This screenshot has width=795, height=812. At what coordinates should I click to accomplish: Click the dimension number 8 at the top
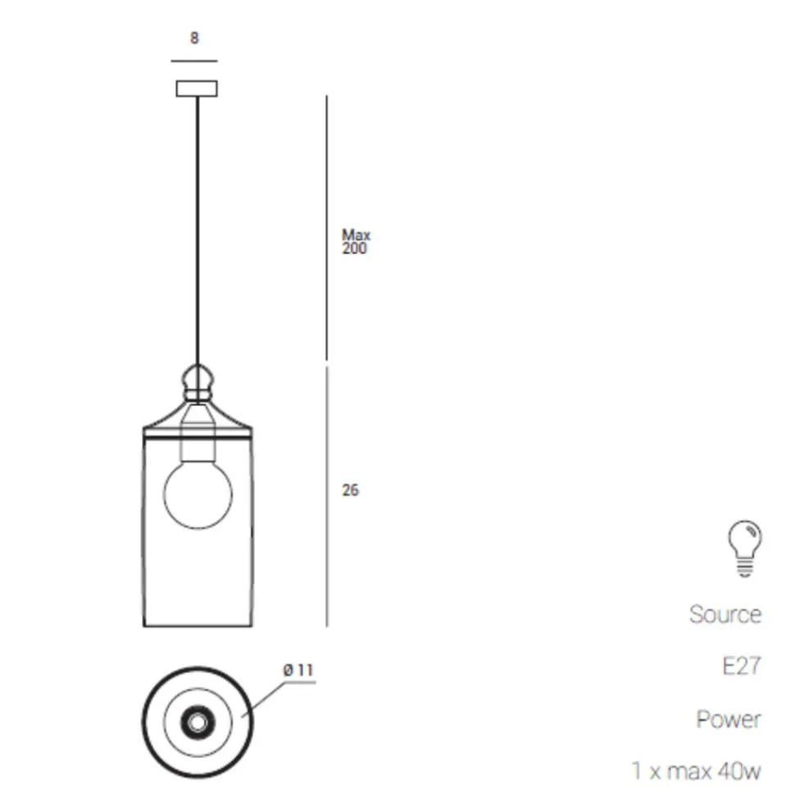pos(194,38)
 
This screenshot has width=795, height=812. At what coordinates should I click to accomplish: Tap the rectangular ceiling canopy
pos(197,88)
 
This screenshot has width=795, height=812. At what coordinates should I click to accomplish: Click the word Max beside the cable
pos(356,235)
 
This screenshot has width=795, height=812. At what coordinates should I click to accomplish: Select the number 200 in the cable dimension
pos(354,249)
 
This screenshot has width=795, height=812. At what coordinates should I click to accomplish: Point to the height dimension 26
pos(350,490)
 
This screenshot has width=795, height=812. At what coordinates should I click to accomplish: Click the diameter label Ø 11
pos(298,670)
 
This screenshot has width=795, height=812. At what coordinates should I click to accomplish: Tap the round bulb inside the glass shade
pos(198,495)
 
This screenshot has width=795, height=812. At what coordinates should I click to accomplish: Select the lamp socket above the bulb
pos(198,434)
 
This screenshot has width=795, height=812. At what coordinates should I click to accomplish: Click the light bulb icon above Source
pos(745,549)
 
